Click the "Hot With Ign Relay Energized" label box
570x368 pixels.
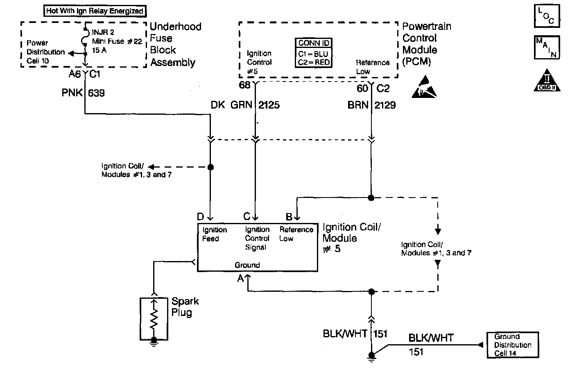coord(95,11)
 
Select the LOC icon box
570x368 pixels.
coord(547,16)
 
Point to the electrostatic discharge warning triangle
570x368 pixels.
coord(424,87)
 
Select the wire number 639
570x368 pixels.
coord(96,93)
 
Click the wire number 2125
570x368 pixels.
coord(269,105)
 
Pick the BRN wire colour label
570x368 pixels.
coord(358,105)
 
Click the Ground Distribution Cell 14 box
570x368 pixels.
coord(512,345)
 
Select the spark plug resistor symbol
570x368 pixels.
coord(154,318)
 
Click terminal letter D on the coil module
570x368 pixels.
coord(200,216)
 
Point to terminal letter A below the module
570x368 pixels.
coord(241,279)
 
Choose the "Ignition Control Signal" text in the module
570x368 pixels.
coord(257,238)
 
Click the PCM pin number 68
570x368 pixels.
coord(245,85)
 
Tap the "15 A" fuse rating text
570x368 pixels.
coord(99,51)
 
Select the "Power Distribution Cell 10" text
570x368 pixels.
coord(45,52)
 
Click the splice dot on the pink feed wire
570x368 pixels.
coord(210,167)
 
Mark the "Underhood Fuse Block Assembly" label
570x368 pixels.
coord(175,44)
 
